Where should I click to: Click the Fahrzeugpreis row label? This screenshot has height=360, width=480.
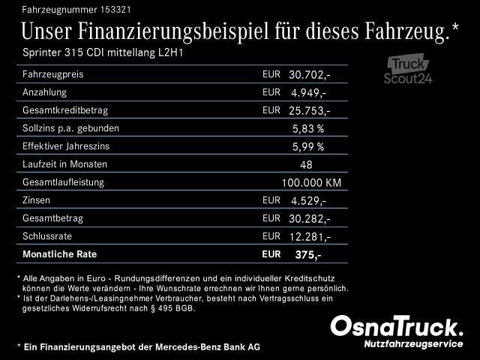pos(53,75)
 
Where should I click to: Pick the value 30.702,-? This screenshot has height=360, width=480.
pos(310,75)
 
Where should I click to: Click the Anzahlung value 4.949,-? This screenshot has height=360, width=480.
pos(308,93)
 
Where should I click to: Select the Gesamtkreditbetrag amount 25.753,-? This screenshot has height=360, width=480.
pos(310,111)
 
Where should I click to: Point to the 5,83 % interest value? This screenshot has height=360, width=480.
pos(308,129)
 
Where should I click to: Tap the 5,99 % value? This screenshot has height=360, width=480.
pos(308,147)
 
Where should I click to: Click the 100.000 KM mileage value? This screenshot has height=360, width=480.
pos(311,183)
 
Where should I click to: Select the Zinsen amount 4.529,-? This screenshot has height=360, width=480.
pos(308,201)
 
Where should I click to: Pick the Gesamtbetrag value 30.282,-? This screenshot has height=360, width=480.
pos(310,219)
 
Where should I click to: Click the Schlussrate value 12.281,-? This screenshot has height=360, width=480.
pos(310,237)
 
